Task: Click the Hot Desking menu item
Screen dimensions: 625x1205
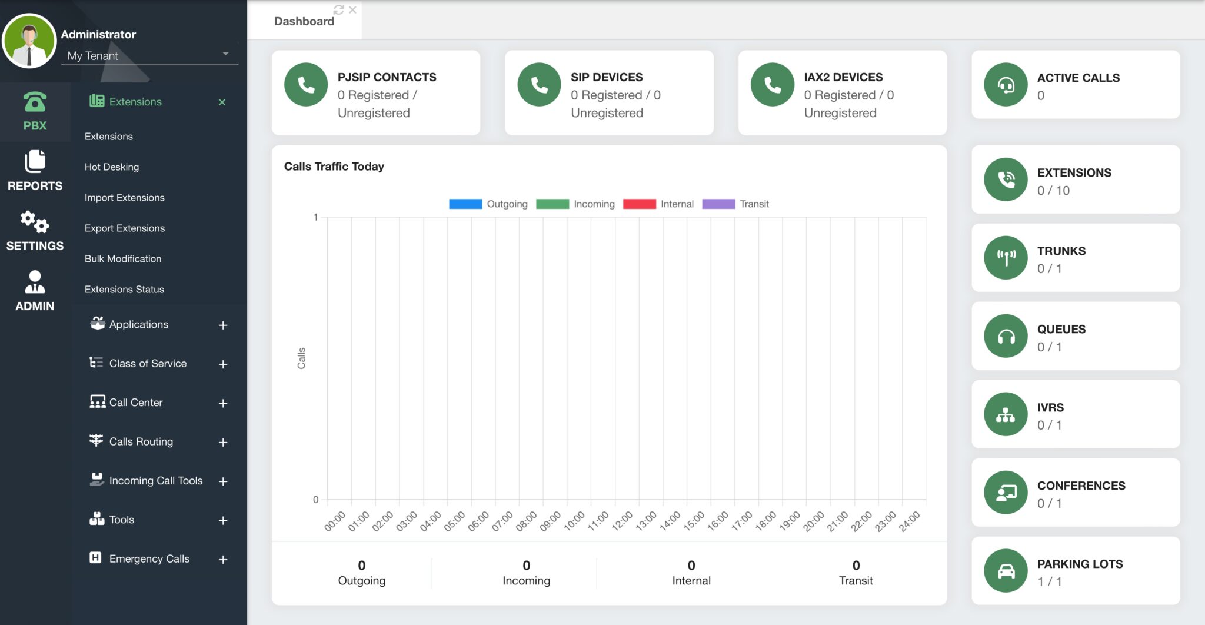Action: tap(112, 167)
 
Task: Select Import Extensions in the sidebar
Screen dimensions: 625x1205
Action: tap(124, 198)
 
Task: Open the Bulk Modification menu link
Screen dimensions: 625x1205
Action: tap(122, 259)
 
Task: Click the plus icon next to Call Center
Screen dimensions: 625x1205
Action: tap(223, 403)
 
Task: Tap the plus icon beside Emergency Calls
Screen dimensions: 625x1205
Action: tap(223, 560)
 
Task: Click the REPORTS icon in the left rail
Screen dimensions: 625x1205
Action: tap(35, 162)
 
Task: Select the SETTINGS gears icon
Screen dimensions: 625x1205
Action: tap(35, 222)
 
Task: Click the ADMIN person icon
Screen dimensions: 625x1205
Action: tap(35, 282)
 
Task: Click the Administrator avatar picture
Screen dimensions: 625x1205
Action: tap(29, 41)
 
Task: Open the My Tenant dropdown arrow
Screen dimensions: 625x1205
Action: tap(225, 54)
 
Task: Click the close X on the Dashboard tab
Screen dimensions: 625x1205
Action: tap(352, 10)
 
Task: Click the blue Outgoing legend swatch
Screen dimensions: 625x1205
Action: tap(465, 204)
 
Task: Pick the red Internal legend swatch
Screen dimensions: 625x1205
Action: tap(639, 204)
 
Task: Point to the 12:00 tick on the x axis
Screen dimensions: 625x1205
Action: tap(622, 521)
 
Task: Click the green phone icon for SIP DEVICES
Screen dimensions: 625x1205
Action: tap(539, 85)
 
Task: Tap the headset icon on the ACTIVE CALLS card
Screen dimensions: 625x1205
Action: tap(1006, 85)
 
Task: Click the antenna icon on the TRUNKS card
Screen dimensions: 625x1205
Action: tap(1006, 258)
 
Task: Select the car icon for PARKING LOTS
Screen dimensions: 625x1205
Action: tap(1006, 571)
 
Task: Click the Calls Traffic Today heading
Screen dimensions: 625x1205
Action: tap(334, 167)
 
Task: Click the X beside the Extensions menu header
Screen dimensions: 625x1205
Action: tap(222, 102)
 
